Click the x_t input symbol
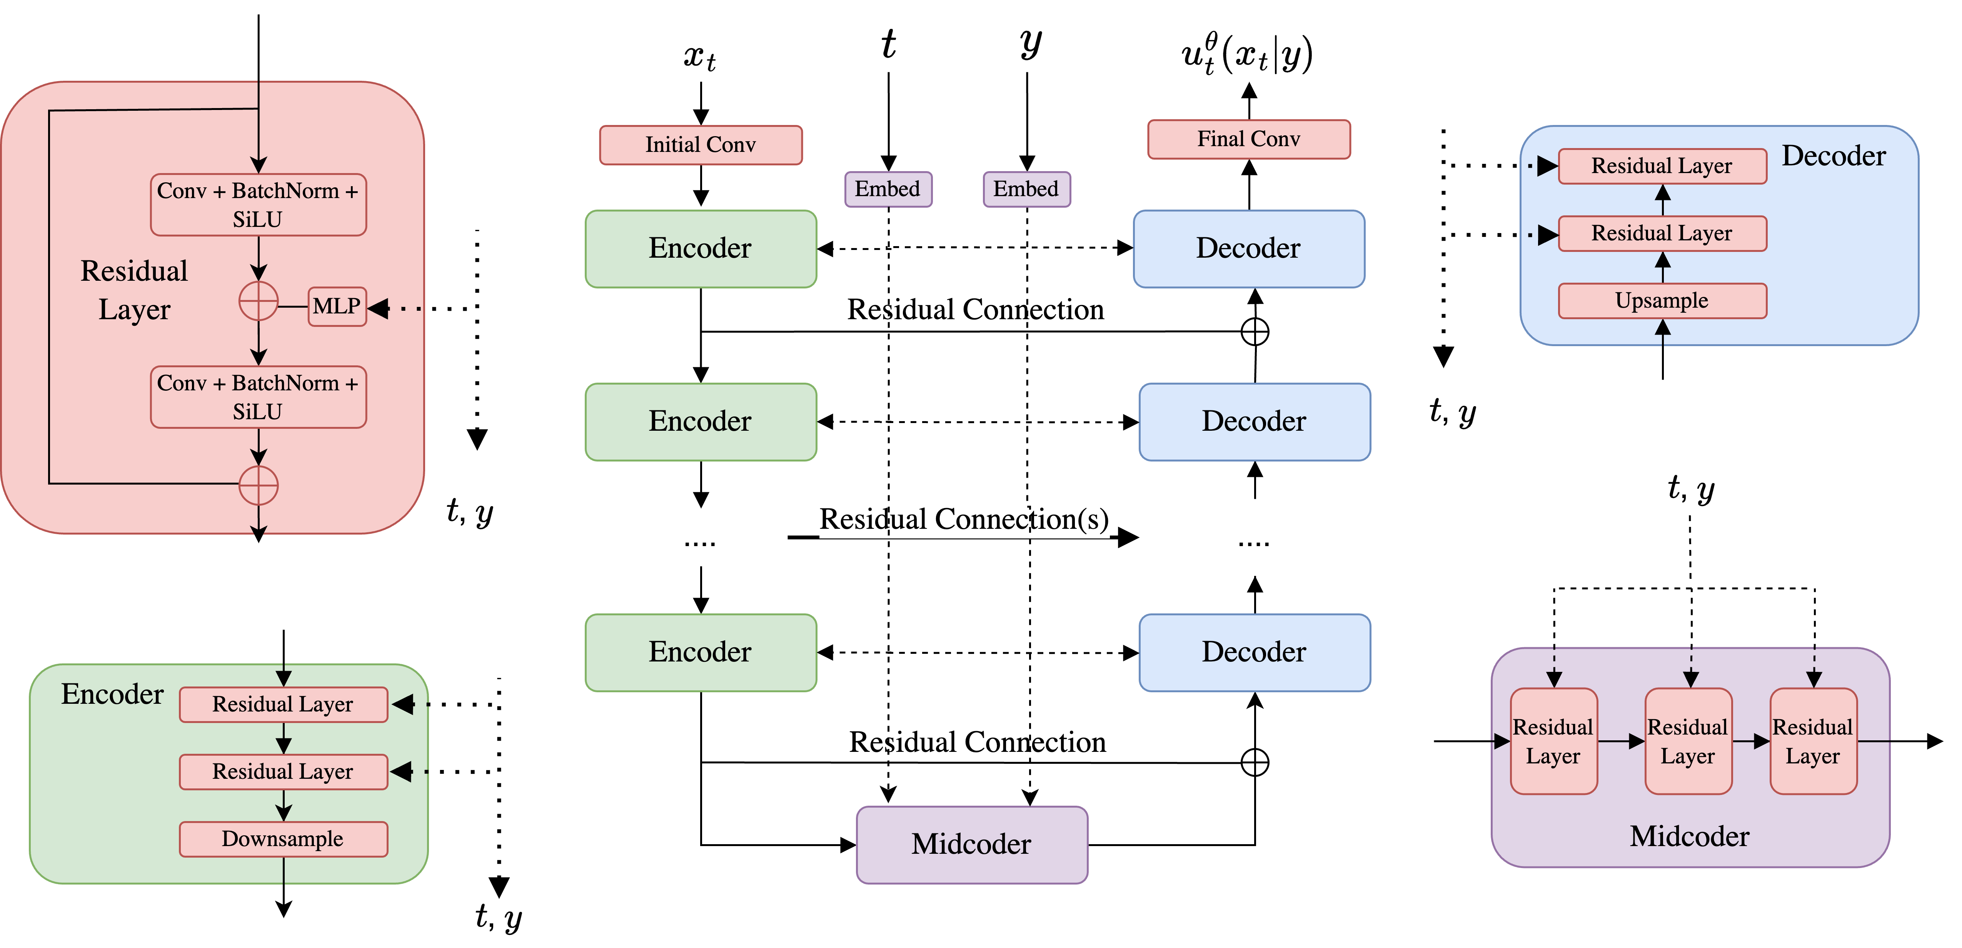(x=699, y=57)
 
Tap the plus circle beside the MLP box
(x=258, y=302)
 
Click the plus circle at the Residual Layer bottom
(x=258, y=485)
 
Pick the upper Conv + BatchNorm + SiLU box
(x=258, y=205)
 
